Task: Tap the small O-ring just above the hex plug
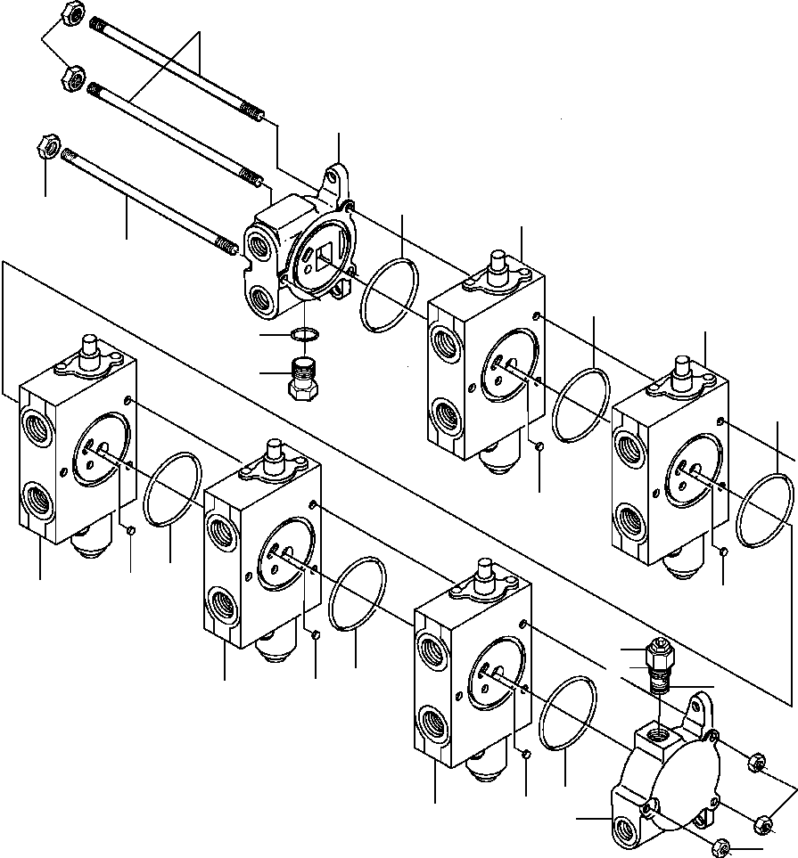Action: point(304,335)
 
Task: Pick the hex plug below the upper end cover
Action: point(304,378)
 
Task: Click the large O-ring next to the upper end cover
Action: point(390,294)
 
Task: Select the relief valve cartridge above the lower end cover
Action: point(660,664)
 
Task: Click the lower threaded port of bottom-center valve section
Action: point(432,719)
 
